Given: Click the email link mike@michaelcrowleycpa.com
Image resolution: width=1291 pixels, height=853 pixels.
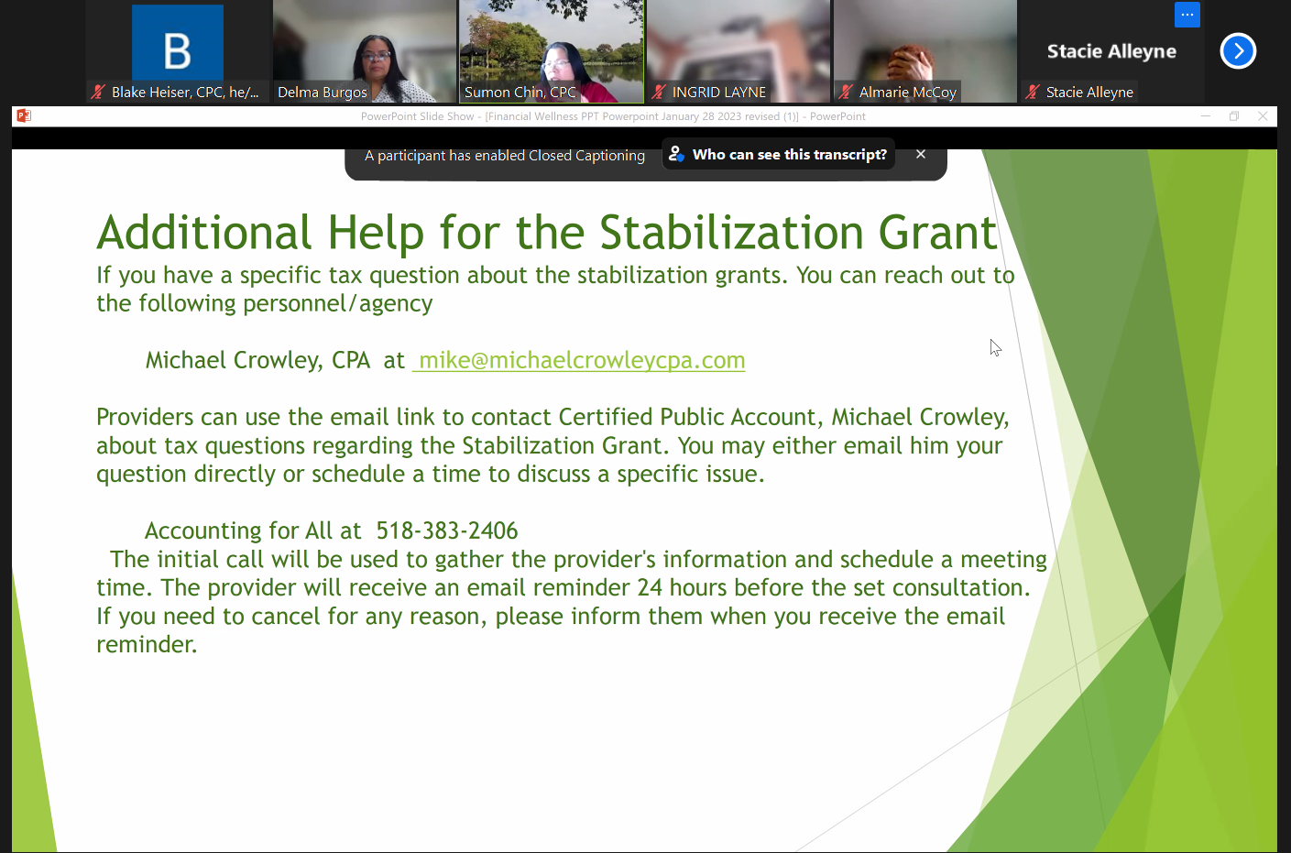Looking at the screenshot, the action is [582, 361].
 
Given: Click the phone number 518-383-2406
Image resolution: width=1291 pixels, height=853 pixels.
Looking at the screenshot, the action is [446, 530].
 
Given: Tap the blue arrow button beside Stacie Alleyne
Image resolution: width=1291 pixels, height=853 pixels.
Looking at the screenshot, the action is [1238, 51].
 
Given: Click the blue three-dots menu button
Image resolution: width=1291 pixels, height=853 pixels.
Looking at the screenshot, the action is [1187, 15].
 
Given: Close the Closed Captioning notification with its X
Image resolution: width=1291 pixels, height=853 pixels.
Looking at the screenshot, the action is [921, 155].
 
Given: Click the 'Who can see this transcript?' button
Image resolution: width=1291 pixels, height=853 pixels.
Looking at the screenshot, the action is [778, 155].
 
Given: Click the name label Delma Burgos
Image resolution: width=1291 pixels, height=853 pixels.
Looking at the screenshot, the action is [323, 93].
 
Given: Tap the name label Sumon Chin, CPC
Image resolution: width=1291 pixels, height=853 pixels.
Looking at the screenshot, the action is [520, 93].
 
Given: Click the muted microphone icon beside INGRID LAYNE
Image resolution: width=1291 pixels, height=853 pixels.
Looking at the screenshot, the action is [659, 93].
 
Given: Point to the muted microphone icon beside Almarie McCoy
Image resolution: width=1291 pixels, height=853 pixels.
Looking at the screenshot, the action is [846, 93].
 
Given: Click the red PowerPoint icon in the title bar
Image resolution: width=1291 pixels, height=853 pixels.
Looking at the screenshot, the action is [24, 116].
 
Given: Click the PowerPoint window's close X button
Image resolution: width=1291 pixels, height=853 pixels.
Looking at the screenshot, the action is [1263, 116].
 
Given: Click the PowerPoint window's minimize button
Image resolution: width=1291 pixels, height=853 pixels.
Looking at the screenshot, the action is [1205, 116].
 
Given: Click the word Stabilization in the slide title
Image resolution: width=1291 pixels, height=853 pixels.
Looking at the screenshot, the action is [731, 233].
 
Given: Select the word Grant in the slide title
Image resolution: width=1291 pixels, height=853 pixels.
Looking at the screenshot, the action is [937, 233].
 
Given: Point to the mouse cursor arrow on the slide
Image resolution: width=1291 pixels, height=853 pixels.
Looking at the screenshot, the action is [995, 347].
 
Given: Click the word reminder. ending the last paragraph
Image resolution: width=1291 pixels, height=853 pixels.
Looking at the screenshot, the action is [147, 644].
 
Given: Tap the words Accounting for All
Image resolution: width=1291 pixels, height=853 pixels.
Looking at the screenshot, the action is [253, 530].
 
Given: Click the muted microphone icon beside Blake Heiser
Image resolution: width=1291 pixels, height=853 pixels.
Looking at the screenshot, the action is [98, 93].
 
